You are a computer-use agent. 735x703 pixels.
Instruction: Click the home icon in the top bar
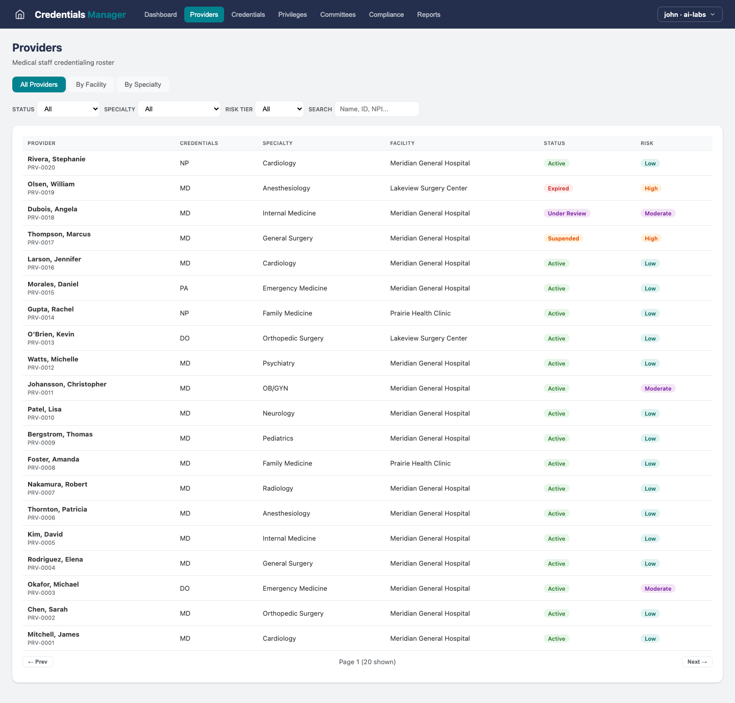point(20,14)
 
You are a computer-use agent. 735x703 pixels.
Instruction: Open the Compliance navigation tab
point(386,14)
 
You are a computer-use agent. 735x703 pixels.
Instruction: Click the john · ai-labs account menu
point(689,14)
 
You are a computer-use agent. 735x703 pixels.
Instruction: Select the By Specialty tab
point(142,84)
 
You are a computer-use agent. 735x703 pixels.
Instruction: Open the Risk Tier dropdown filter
point(279,109)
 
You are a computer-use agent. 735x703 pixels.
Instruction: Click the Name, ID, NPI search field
point(377,109)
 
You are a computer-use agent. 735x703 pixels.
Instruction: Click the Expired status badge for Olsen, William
point(558,188)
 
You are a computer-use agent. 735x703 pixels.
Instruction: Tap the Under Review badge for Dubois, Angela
point(567,213)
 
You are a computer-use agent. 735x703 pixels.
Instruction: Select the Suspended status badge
point(563,238)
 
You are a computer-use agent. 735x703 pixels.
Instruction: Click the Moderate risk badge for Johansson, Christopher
point(657,389)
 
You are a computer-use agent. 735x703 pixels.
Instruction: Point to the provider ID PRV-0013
point(41,343)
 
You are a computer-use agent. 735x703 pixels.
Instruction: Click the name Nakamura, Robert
point(57,484)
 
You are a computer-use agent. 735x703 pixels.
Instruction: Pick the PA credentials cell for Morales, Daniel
point(184,288)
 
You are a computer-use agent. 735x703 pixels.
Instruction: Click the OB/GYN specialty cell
point(275,388)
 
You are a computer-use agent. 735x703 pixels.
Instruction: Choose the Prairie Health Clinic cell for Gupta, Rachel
point(420,313)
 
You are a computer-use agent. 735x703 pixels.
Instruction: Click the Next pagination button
point(697,662)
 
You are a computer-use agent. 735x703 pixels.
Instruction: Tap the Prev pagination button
point(38,662)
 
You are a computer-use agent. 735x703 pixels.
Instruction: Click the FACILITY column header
point(402,143)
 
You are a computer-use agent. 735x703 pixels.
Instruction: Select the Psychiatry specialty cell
point(278,363)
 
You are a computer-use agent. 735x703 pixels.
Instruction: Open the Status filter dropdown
point(68,109)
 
